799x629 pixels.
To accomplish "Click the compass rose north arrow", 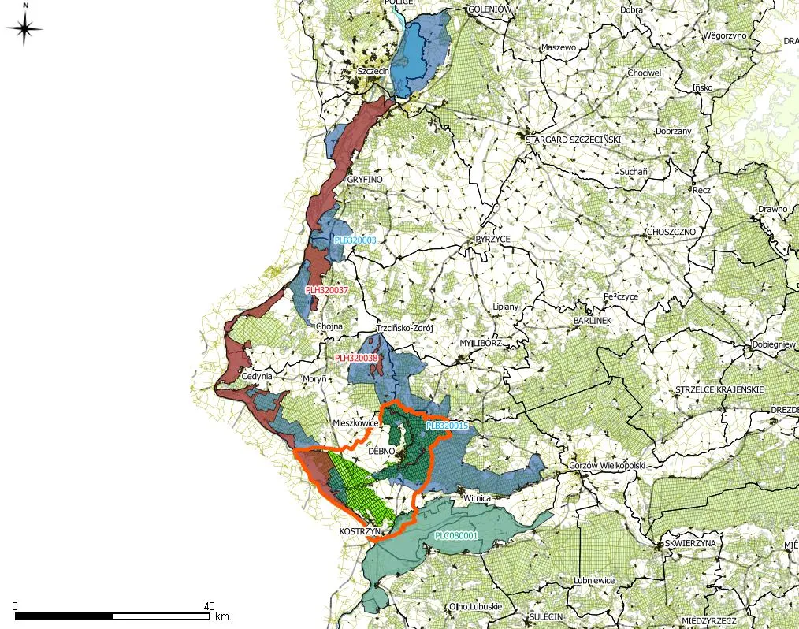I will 24,29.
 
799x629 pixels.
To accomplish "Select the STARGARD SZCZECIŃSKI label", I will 574,140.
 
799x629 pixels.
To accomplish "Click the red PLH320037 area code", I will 326,291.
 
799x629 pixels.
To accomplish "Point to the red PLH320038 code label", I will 356,358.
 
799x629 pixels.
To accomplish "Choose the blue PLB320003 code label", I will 355,240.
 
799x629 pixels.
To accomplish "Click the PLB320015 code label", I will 447,426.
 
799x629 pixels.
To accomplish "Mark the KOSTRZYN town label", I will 360,532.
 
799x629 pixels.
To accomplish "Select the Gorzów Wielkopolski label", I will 607,466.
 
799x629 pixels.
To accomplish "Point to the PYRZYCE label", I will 493,238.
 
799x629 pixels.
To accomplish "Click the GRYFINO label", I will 364,180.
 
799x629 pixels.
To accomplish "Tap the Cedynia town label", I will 257,377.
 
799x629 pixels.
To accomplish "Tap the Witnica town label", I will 478,499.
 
